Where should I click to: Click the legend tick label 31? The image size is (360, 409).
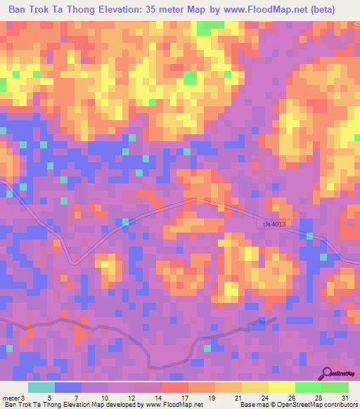[344, 398]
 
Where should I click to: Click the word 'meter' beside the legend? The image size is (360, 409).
[11, 398]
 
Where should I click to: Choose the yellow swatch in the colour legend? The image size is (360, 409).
[281, 387]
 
